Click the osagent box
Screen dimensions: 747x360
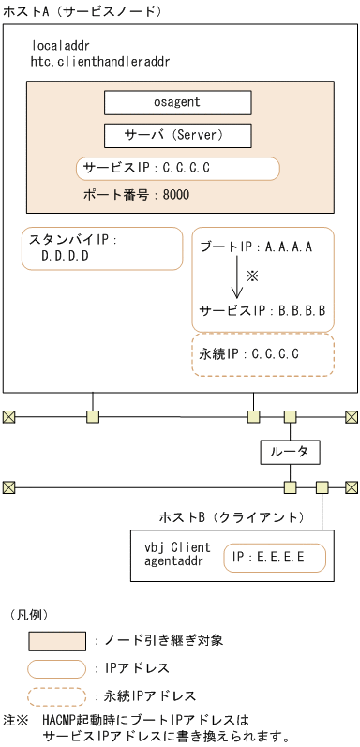[x=177, y=103]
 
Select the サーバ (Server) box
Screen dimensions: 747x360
[x=177, y=136]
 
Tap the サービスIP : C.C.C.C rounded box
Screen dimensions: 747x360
[x=178, y=169]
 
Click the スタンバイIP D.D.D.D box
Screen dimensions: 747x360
[x=102, y=247]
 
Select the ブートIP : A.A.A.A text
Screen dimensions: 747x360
[x=256, y=247]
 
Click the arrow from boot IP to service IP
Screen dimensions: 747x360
[x=236, y=278]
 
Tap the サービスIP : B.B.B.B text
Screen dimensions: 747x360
[x=262, y=310]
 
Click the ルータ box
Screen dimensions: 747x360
[x=290, y=452]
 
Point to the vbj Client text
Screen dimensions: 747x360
[x=177, y=547]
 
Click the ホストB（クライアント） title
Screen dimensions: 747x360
[x=231, y=517]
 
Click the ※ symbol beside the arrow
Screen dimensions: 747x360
[x=252, y=277]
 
